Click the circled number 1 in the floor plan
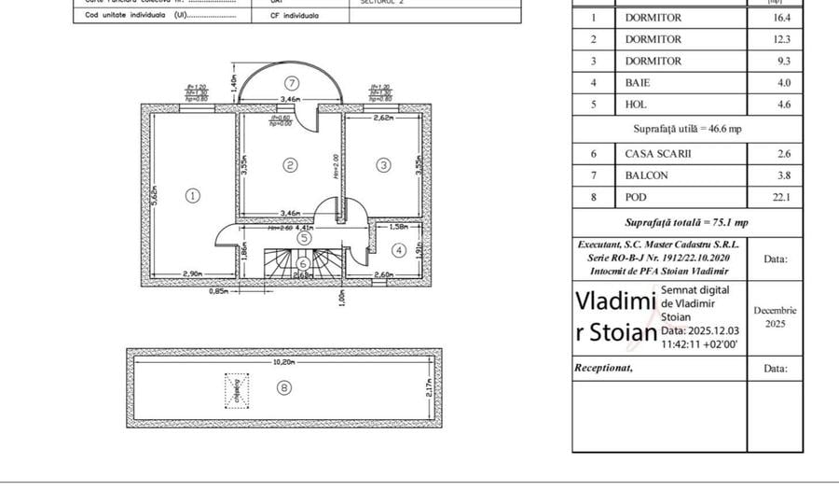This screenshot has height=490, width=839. click(192, 196)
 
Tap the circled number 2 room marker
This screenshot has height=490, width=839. click(291, 165)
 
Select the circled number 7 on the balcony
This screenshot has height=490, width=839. click(292, 82)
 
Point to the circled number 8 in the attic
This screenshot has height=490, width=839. click(284, 387)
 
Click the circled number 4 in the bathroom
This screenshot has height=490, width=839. click(398, 250)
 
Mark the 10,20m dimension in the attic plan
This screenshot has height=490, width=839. click(283, 360)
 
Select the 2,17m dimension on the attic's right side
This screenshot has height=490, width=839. click(428, 387)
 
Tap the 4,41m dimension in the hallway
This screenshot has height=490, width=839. click(306, 226)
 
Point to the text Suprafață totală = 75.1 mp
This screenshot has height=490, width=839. click(686, 223)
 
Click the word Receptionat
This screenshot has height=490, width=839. click(603, 368)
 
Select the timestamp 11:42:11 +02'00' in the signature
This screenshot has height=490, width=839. click(702, 344)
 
